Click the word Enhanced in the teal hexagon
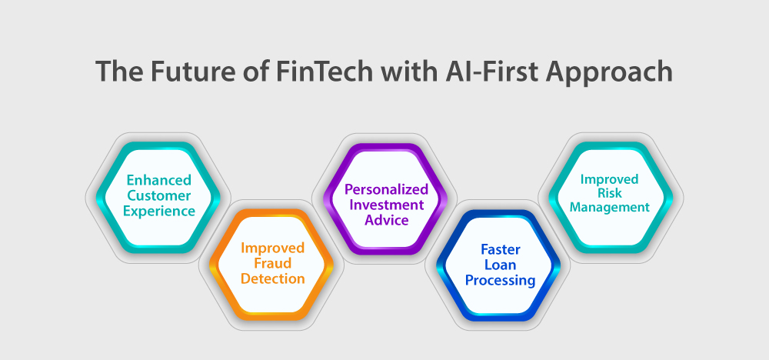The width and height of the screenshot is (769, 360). [159, 180]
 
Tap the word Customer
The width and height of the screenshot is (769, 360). [159, 195]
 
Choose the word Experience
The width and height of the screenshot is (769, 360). [159, 212]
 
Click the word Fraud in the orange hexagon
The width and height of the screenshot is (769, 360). [273, 263]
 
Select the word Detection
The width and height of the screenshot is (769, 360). [273, 279]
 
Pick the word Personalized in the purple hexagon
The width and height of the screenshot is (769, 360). [387, 189]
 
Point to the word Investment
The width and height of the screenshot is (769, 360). [387, 205]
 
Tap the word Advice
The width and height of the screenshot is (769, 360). [387, 220]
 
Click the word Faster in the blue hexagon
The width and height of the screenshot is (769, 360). [501, 249]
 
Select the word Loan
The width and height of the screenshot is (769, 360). [501, 265]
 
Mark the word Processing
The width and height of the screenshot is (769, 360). [501, 281]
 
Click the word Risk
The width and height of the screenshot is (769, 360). [609, 193]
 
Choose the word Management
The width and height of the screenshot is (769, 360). [609, 208]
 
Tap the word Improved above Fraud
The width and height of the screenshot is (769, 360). [273, 248]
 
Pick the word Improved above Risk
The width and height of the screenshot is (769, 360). [609, 179]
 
